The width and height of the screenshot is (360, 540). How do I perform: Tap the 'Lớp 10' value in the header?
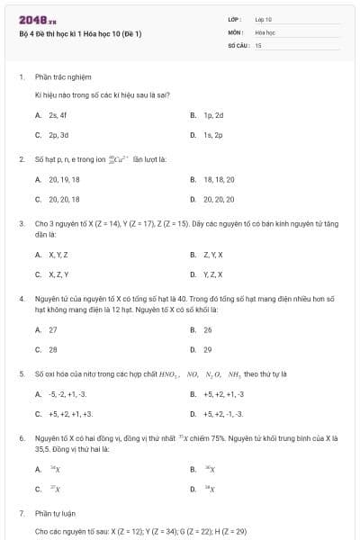coord(264,19)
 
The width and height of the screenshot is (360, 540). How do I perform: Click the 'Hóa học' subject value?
coord(265,31)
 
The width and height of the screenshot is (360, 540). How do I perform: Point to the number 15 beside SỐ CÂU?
coord(257,44)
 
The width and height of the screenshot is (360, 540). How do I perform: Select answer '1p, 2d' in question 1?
coord(213,115)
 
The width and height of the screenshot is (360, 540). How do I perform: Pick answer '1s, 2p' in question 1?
coord(213,134)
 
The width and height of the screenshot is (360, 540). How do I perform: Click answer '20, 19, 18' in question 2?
coord(64,179)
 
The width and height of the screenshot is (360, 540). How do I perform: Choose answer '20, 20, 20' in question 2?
coord(219,199)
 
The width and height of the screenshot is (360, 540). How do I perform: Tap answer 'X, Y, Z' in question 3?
coord(58,255)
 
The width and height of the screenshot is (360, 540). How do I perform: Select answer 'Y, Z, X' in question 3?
coord(212,274)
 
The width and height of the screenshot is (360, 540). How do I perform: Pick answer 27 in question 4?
coord(53,329)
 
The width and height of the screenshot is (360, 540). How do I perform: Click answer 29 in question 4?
coord(208,348)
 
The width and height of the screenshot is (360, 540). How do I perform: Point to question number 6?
coord(21,436)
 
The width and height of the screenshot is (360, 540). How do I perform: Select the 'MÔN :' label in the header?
coord(236,31)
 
